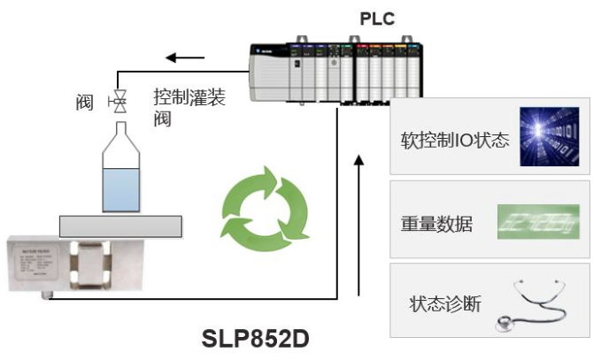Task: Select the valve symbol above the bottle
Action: point(116,103)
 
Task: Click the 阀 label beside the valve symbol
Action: point(84,103)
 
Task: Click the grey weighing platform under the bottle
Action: point(122,226)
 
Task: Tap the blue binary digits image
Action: point(549,137)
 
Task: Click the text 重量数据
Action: point(436,224)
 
